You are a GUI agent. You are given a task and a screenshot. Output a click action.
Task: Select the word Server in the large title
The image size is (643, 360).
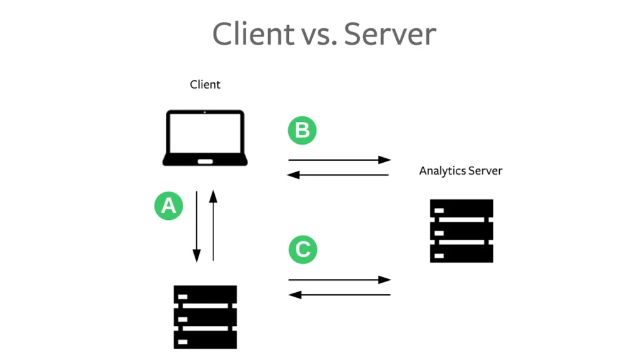(389, 33)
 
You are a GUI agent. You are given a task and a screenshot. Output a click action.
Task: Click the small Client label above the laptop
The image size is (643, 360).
(205, 84)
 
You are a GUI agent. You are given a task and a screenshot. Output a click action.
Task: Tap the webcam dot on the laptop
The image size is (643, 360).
(205, 112)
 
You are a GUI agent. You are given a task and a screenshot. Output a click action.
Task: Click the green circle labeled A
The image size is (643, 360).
(168, 205)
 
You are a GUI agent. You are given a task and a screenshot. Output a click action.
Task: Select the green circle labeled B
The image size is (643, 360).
(302, 131)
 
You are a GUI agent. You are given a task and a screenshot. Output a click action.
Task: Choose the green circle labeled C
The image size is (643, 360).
(303, 249)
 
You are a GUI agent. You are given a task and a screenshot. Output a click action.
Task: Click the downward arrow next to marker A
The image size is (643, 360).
(197, 226)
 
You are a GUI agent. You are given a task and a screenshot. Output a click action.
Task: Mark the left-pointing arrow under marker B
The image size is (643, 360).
(339, 175)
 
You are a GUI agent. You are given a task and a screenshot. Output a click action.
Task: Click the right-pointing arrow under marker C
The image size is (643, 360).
(339, 280)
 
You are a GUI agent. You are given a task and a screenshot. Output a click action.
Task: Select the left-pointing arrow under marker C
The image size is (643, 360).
(339, 294)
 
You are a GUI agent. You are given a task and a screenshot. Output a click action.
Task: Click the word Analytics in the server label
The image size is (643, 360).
(441, 171)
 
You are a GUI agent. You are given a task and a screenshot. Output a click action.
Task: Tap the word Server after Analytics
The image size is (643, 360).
(485, 171)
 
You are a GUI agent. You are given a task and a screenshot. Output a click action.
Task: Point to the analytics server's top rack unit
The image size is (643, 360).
(462, 209)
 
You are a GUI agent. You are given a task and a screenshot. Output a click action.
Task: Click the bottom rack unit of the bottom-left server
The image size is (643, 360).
(205, 340)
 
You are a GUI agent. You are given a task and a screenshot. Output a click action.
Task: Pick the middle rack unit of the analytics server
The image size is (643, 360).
(462, 231)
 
